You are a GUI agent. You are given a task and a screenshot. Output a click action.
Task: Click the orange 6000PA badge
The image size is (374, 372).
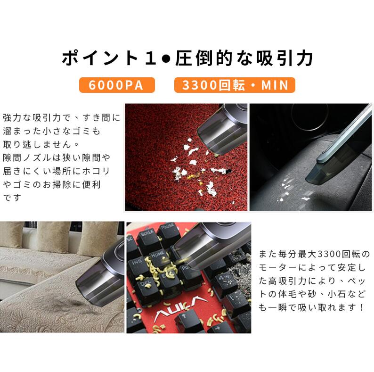point(117,85)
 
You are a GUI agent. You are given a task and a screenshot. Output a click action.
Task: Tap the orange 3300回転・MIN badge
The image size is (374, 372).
point(235,85)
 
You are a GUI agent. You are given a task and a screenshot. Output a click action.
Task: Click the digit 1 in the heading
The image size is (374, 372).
point(151,58)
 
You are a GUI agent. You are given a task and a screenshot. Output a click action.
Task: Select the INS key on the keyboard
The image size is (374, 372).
point(138,265)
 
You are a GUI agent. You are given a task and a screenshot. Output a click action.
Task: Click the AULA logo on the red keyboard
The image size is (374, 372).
point(177,306)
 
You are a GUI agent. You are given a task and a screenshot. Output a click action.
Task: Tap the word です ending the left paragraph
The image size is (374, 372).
point(12,198)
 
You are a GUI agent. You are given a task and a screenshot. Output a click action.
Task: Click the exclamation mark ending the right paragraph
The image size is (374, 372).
point(362,307)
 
